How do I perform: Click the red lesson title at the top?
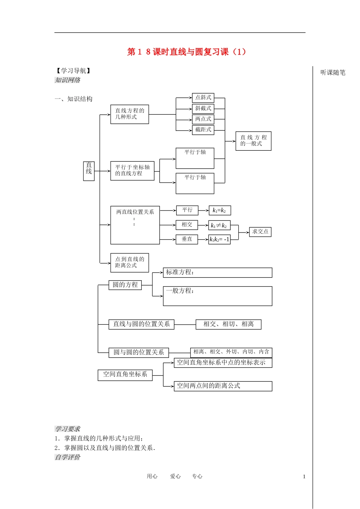(186, 52)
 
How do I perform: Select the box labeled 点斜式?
(203, 98)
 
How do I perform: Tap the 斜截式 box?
(203, 109)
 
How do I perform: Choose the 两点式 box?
(203, 119)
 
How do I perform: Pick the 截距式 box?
(203, 130)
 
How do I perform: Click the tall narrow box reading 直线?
(89, 171)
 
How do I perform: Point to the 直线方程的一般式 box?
(254, 141)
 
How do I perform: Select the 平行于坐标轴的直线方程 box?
(132, 171)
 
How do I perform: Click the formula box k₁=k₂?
(220, 211)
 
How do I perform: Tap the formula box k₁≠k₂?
(219, 225)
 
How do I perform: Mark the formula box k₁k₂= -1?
(219, 239)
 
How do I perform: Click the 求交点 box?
(260, 232)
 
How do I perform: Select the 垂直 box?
(187, 239)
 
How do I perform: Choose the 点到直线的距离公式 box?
(130, 263)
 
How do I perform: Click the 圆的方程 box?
(125, 285)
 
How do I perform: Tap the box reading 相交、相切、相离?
(229, 324)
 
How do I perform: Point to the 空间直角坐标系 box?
(125, 375)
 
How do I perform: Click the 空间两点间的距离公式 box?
(223, 386)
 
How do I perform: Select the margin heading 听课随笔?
(333, 72)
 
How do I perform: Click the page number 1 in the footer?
(304, 477)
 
